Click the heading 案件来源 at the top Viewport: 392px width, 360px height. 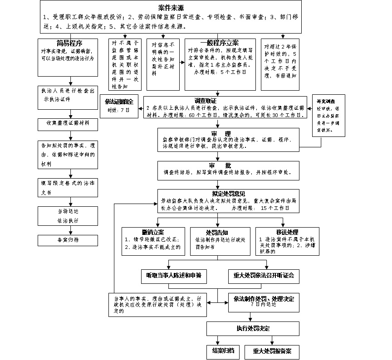(x=171, y=8)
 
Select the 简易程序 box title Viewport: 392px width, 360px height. (x=69, y=43)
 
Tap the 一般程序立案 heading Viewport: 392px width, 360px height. (x=219, y=43)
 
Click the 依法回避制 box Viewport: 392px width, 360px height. (x=119, y=106)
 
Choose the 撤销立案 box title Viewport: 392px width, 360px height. (x=153, y=232)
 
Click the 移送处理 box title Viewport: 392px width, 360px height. (x=283, y=232)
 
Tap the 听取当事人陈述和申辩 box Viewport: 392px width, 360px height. (x=173, y=275)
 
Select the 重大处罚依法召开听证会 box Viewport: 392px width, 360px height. (x=264, y=275)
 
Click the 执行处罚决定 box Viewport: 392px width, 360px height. (x=253, y=328)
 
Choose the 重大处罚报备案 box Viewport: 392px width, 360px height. (x=272, y=351)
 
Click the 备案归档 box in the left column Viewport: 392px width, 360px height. (x=68, y=240)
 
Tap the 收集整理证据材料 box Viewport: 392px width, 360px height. (x=68, y=123)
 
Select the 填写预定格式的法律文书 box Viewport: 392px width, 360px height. (x=68, y=187)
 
